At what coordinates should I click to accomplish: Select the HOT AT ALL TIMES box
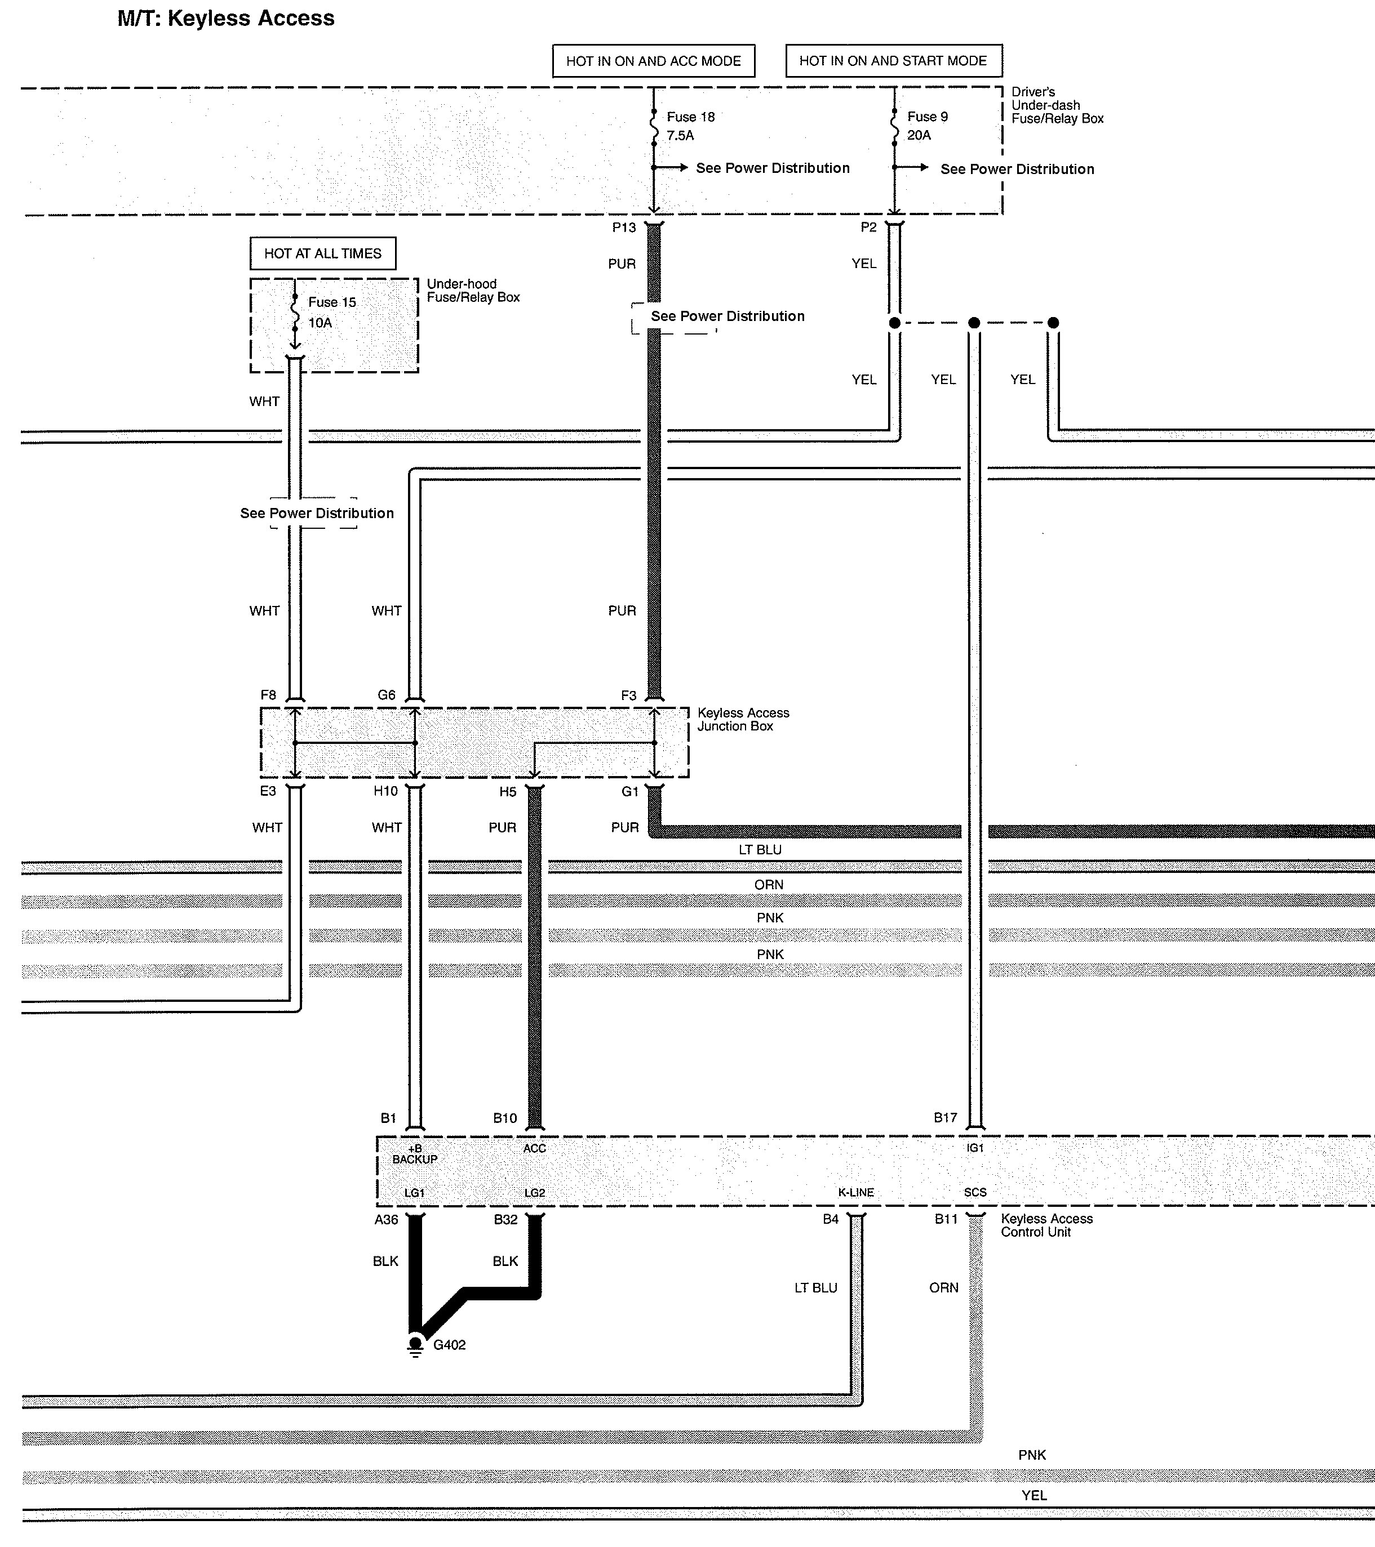tap(322, 253)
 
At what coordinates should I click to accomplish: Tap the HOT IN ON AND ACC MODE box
tap(654, 61)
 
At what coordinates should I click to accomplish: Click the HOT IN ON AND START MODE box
tap(893, 61)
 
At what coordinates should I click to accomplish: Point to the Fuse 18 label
tap(690, 117)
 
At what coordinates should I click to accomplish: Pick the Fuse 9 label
tap(928, 117)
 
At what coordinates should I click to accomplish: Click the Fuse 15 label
tap(332, 302)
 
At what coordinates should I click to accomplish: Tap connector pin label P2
tap(868, 227)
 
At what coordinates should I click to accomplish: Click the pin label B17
tap(945, 1117)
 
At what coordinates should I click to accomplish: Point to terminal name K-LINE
tap(855, 1192)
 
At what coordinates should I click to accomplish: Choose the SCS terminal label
tap(975, 1192)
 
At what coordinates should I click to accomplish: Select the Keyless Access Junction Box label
tap(743, 719)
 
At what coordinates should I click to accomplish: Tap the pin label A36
tap(386, 1219)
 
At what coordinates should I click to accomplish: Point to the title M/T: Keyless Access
tap(225, 18)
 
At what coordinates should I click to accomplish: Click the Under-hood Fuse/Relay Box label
tap(473, 291)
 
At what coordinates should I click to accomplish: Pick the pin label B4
tap(831, 1219)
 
